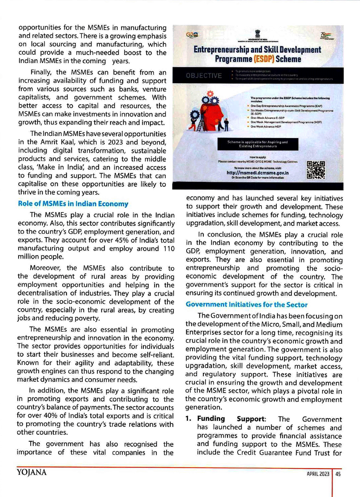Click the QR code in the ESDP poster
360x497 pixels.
coord(316,170)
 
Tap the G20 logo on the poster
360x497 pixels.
coord(192,35)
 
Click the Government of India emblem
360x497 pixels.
coord(257,33)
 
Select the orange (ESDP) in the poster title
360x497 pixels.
coord(264,59)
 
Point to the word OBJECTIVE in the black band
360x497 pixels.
coord(204,76)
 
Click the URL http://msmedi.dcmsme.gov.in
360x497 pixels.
coord(257,173)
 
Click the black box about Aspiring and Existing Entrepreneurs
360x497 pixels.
coord(257,144)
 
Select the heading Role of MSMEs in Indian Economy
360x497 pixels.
coord(73,204)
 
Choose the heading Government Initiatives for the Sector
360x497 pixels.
coord(247,304)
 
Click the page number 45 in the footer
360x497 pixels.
coord(338,474)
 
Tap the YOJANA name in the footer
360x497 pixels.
coord(32,473)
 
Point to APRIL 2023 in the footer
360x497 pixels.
coord(318,474)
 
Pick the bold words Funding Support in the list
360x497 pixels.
coord(231,419)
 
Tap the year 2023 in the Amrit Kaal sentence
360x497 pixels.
coord(115,142)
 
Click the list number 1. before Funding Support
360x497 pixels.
coord(188,419)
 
